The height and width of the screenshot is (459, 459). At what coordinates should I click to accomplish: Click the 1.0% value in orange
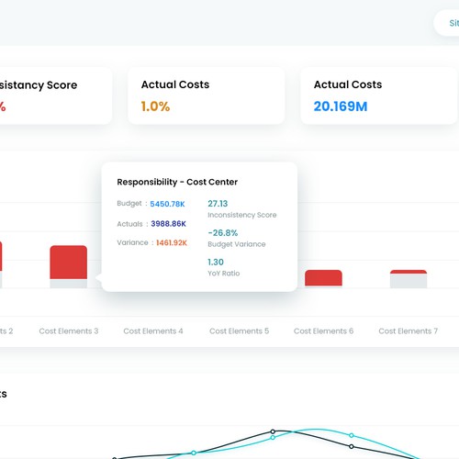pyautogui.click(x=155, y=106)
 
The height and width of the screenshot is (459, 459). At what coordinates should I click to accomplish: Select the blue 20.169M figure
pyautogui.click(x=341, y=106)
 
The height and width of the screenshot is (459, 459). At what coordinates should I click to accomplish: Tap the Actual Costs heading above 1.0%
pyautogui.click(x=174, y=84)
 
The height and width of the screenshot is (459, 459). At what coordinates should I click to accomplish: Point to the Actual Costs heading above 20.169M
pyautogui.click(x=348, y=84)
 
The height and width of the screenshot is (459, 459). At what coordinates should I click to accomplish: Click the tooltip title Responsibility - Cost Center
pyautogui.click(x=177, y=182)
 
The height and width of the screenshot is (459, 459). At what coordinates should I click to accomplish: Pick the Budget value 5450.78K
pyautogui.click(x=168, y=203)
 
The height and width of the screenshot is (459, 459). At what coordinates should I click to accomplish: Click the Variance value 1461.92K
pyautogui.click(x=172, y=242)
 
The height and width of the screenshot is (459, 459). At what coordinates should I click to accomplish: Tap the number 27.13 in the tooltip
pyautogui.click(x=218, y=203)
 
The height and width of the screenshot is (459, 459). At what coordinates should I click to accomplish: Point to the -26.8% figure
pyautogui.click(x=222, y=232)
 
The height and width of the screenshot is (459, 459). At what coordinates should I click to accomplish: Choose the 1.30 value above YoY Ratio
pyautogui.click(x=216, y=262)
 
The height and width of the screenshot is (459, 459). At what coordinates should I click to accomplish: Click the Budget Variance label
pyautogui.click(x=237, y=244)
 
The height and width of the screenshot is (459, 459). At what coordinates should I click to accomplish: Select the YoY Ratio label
pyautogui.click(x=224, y=274)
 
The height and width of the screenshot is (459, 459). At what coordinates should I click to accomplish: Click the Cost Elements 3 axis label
pyautogui.click(x=69, y=330)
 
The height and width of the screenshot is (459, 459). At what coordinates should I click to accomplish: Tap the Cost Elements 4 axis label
pyautogui.click(x=153, y=330)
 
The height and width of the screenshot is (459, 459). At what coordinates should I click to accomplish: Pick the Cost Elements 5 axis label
pyautogui.click(x=239, y=330)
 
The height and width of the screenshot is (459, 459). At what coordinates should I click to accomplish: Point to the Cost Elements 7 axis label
pyautogui.click(x=409, y=330)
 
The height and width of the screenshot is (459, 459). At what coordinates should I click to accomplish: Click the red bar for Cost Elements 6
pyautogui.click(x=323, y=277)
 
